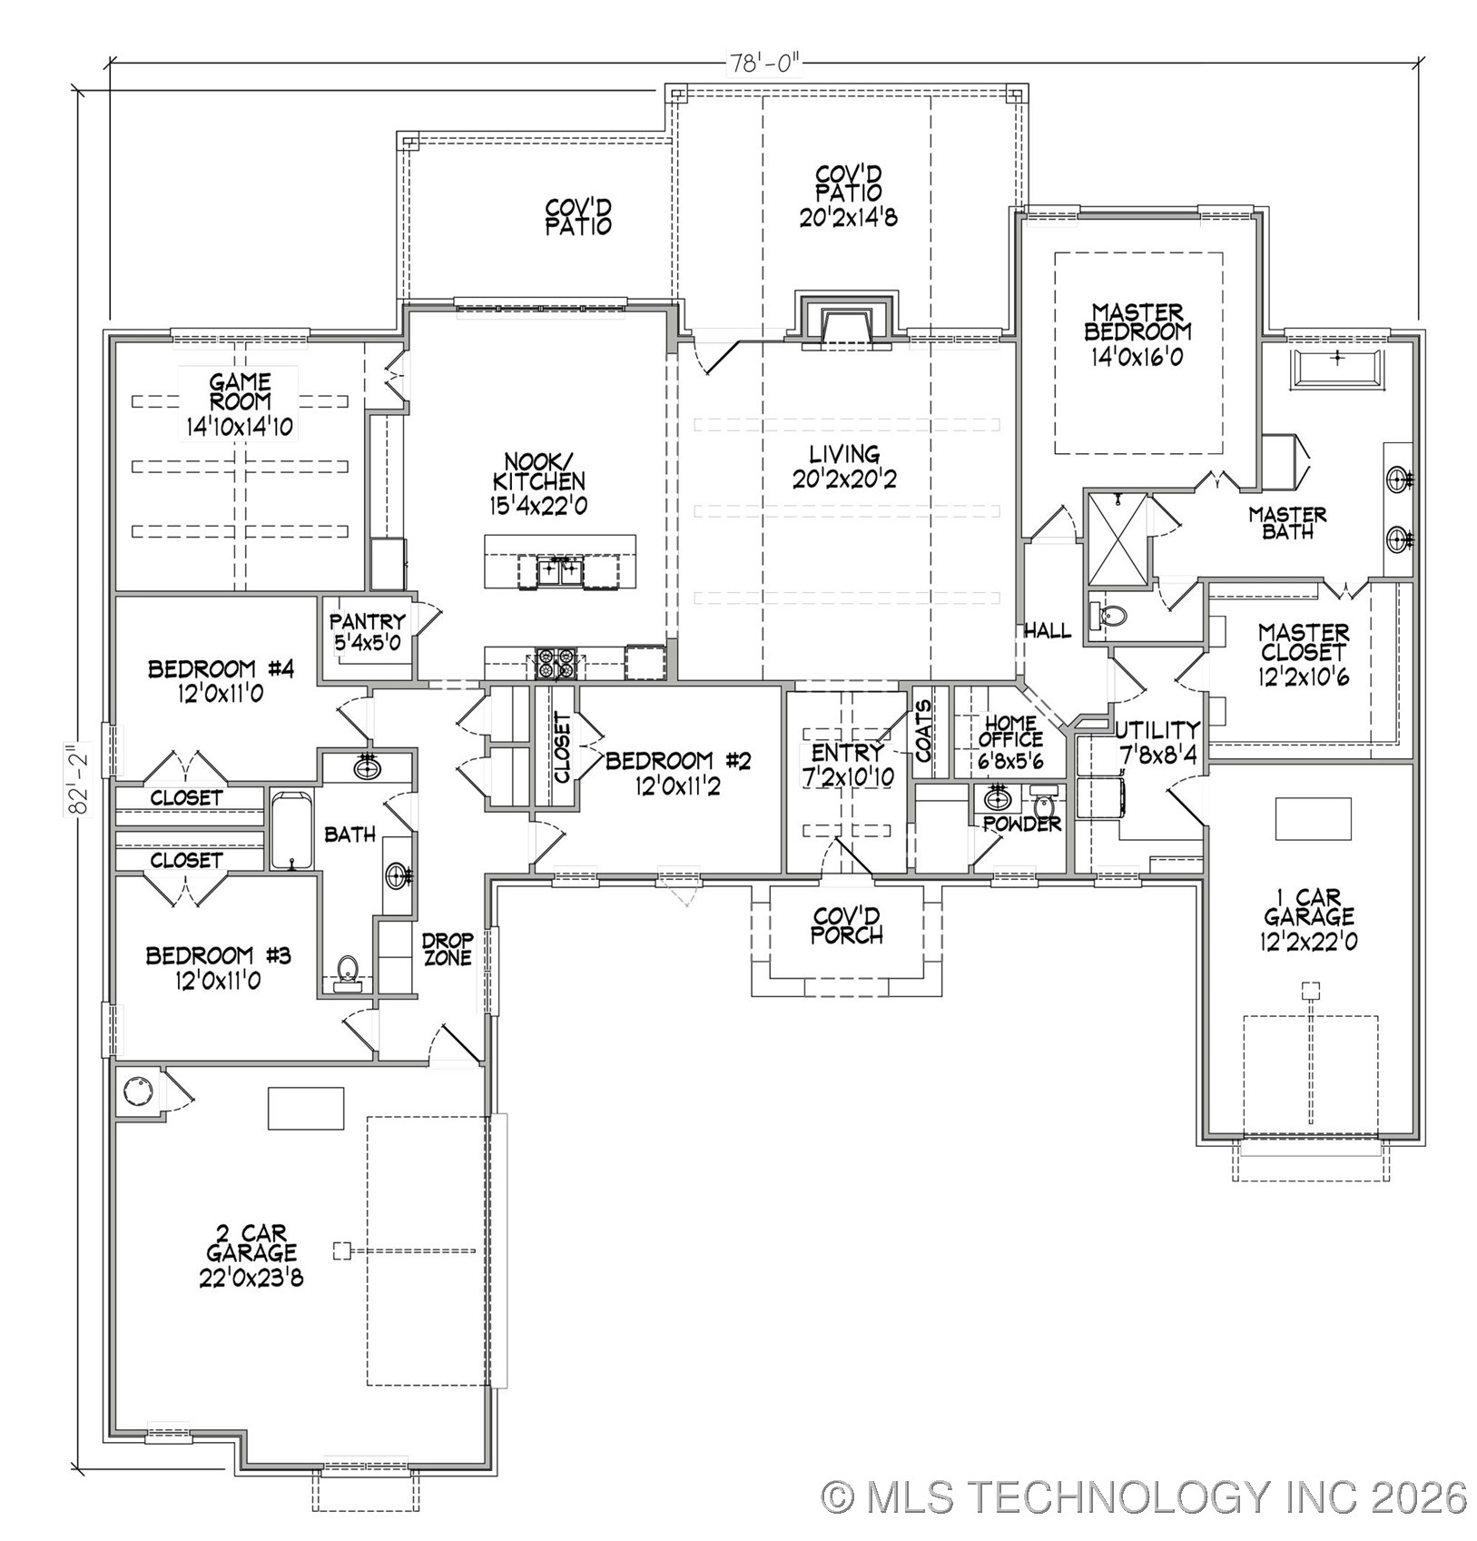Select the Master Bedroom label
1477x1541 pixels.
click(x=1137, y=322)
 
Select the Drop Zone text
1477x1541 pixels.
click(x=448, y=949)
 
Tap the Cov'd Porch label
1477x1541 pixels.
click(x=847, y=924)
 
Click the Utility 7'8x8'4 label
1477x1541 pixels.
click(x=1157, y=741)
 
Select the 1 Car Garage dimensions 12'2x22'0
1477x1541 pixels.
click(x=1308, y=942)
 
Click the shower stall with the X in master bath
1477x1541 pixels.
click(x=1118, y=538)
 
